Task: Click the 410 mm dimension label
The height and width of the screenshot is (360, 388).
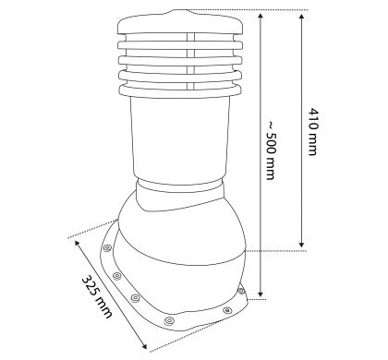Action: click(x=312, y=132)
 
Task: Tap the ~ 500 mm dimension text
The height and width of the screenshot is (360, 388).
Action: click(x=271, y=150)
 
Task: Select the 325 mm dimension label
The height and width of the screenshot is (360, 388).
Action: click(x=97, y=296)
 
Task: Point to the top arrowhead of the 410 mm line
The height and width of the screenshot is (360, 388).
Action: click(x=302, y=16)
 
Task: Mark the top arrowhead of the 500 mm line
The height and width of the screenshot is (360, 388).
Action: click(x=261, y=16)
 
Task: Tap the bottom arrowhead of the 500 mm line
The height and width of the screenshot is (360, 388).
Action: click(x=261, y=293)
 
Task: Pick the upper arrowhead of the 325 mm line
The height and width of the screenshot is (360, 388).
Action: click(x=77, y=243)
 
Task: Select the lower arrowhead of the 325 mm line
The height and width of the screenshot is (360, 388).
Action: click(x=144, y=346)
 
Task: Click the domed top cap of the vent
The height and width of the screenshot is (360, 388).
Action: click(x=180, y=22)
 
